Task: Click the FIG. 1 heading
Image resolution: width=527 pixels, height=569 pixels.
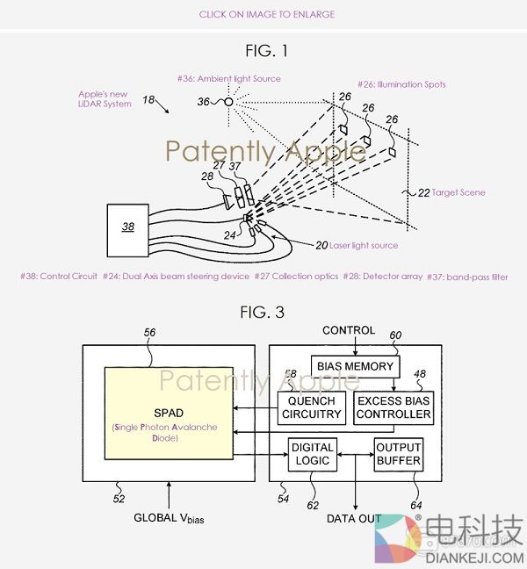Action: tap(266, 50)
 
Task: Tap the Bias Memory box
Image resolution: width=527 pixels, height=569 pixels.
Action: tap(355, 365)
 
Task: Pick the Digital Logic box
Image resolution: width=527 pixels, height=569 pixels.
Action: tap(312, 454)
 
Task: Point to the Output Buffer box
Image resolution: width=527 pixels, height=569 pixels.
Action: tap(399, 454)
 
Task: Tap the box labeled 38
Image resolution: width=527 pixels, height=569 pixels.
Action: tap(129, 226)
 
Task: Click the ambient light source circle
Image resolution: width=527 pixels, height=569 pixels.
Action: tap(227, 102)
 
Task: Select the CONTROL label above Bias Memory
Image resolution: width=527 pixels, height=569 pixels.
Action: tap(349, 331)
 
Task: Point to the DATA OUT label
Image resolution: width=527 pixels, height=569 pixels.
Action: tap(354, 519)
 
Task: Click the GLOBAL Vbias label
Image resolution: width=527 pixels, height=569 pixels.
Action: tap(175, 518)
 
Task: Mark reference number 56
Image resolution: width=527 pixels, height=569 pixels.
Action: tap(148, 332)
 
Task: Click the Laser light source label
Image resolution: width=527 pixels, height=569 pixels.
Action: tap(357, 246)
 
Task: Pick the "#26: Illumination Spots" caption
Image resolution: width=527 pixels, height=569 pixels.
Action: tap(400, 84)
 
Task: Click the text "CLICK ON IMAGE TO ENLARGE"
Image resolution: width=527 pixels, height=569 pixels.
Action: tap(266, 14)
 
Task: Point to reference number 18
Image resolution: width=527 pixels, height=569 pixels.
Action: tap(148, 102)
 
